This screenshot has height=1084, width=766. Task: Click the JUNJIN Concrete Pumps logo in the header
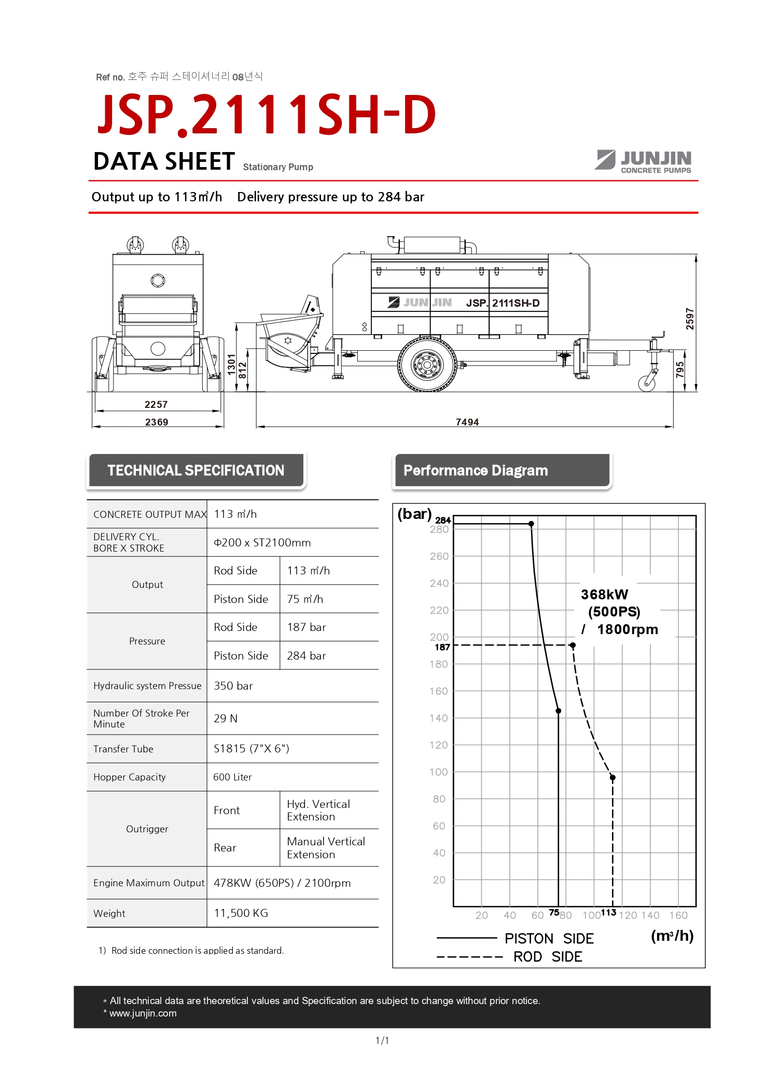coord(644,161)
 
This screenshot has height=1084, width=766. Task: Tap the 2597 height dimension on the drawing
coord(689,319)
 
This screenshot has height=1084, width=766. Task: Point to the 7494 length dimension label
coord(467,422)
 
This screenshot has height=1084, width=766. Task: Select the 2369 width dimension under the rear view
coord(157,422)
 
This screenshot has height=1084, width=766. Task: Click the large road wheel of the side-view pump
coord(427,364)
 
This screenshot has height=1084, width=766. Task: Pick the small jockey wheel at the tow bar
coord(647,383)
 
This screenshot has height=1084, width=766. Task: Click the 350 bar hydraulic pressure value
coord(233,686)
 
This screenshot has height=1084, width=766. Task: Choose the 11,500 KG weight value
coord(241,913)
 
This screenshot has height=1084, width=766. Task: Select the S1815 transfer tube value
coord(252,749)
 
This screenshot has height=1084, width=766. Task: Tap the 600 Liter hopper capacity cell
coord(233,777)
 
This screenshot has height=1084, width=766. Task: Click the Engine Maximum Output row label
coord(149,883)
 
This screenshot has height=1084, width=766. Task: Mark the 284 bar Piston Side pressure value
coord(307,656)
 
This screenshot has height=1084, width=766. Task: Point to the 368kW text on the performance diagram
coord(604,595)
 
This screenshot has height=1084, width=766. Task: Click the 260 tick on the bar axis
coord(439,556)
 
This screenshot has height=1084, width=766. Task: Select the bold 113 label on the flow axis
coord(608,912)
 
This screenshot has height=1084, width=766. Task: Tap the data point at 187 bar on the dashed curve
coord(573,646)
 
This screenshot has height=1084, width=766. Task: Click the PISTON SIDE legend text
coord(549,939)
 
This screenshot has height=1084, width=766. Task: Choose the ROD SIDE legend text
coord(548,957)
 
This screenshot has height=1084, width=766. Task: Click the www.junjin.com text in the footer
coord(143,1013)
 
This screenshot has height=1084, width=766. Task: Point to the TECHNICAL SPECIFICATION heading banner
coord(196,471)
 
